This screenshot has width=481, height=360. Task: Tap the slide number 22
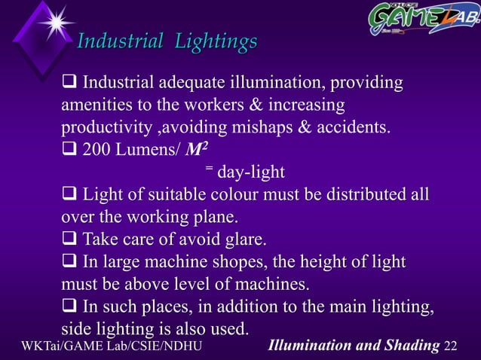coord(451,346)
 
